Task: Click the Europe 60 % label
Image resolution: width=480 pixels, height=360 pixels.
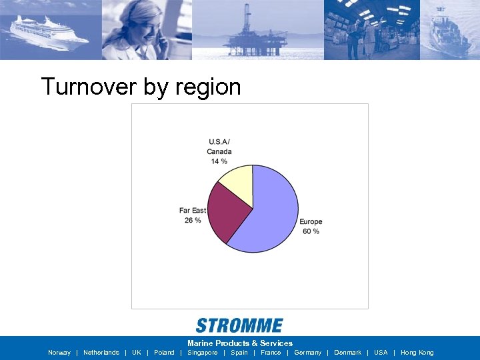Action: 311,227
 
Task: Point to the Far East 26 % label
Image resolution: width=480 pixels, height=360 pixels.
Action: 193,215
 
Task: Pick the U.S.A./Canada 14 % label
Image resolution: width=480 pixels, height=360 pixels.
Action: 219,151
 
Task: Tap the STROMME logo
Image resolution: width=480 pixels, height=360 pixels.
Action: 239,325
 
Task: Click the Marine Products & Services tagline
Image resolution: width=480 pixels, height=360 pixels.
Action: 240,343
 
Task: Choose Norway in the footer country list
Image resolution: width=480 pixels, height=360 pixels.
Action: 59,353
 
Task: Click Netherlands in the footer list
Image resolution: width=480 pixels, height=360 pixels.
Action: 101,353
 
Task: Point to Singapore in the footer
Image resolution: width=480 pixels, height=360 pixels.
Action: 203,353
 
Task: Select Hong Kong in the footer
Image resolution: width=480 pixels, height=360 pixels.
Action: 417,353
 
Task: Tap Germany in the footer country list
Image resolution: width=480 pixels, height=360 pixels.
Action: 307,353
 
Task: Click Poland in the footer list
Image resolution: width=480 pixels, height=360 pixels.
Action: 164,353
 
